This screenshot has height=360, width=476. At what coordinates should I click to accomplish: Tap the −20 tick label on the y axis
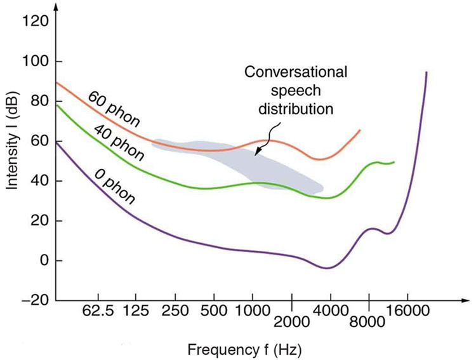click(x=32, y=300)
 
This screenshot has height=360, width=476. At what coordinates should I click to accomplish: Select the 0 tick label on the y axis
click(x=43, y=261)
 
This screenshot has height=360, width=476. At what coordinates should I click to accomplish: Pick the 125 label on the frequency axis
click(x=135, y=312)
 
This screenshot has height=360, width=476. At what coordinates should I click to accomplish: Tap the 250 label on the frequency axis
click(x=175, y=312)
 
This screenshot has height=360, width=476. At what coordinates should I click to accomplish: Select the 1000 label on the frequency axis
click(x=252, y=312)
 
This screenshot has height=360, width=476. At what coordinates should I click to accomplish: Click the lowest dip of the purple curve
click(x=327, y=268)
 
